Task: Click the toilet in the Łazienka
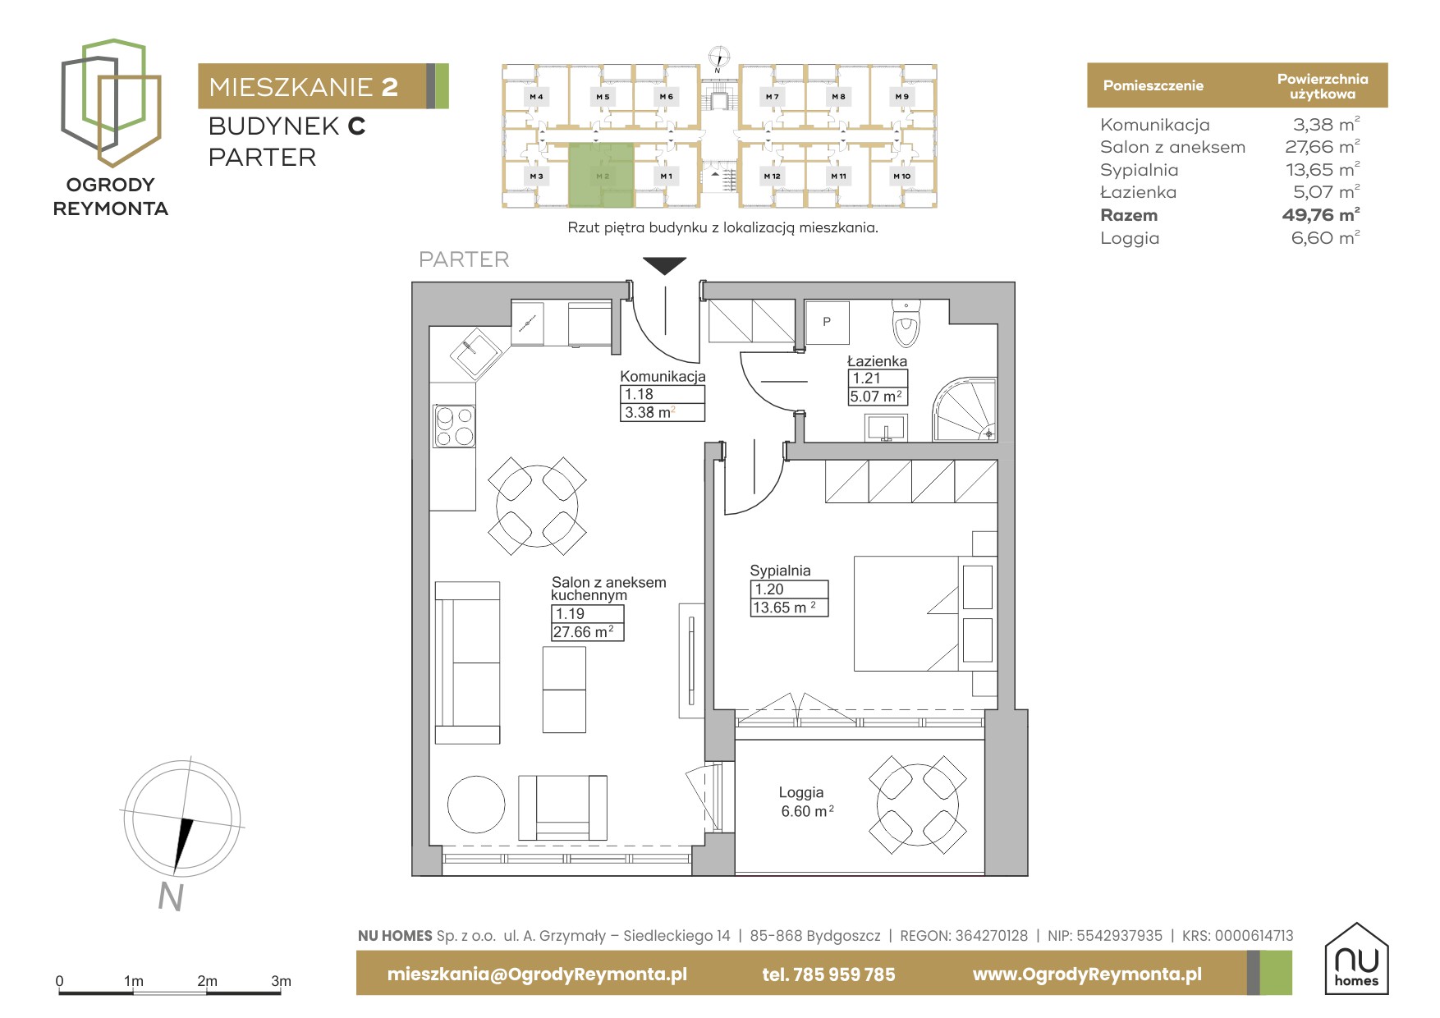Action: click(906, 324)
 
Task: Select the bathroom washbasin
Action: click(886, 427)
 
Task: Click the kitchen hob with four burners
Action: click(454, 426)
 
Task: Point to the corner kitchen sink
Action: click(475, 353)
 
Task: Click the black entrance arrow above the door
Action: click(664, 266)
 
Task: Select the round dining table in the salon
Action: click(537, 507)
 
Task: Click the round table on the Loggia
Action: click(917, 805)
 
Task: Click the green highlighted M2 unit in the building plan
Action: click(602, 176)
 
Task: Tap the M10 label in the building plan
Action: click(901, 176)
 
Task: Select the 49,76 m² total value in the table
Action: click(1321, 215)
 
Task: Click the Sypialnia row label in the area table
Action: click(1139, 170)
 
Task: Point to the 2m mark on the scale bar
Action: click(207, 981)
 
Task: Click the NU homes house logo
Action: click(1356, 958)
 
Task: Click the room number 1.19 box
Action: click(587, 613)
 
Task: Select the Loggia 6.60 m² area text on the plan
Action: click(807, 811)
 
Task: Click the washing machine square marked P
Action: click(827, 322)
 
